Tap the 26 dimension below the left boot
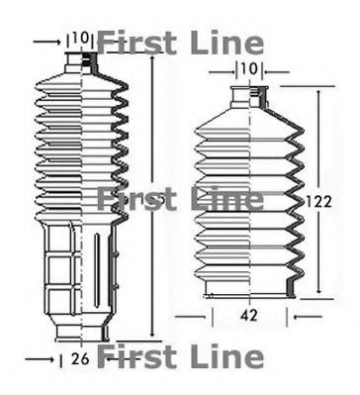[x=81, y=358]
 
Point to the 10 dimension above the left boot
[x=81, y=38]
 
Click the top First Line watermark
[x=181, y=44]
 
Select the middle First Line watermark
[x=181, y=199]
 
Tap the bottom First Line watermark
[x=181, y=356]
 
